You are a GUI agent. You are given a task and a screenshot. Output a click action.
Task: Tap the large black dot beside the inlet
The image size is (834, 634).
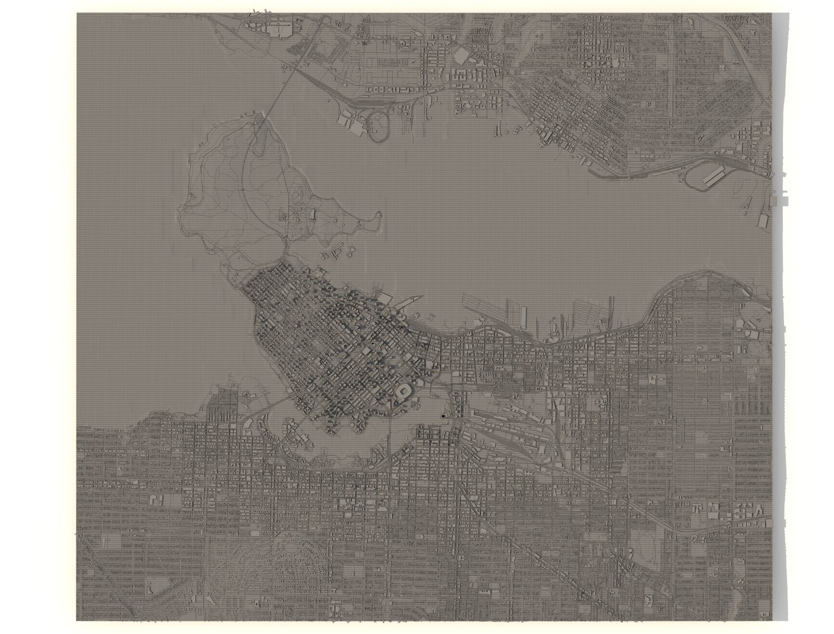pos(443,416)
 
